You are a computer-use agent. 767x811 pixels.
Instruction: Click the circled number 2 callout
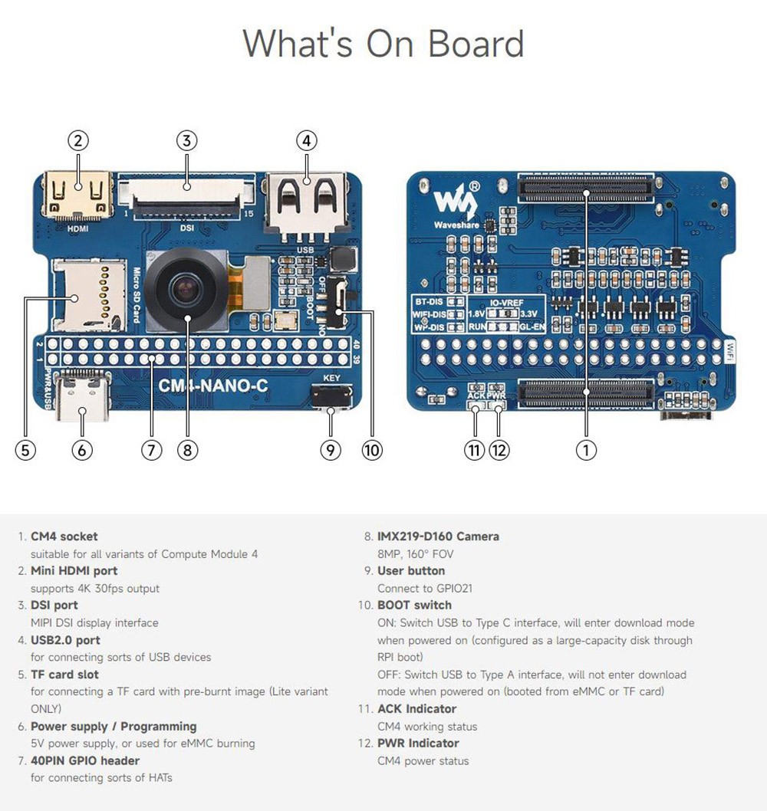(78, 140)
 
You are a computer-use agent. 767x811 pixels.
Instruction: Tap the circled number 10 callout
(372, 450)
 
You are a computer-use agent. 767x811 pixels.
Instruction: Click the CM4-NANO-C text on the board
(212, 386)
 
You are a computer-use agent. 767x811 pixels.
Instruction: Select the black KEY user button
(331, 396)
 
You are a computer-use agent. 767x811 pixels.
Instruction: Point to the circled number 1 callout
(586, 450)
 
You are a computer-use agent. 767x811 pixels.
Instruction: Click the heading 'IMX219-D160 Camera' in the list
(438, 537)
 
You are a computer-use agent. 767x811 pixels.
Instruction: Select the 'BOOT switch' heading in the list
(414, 606)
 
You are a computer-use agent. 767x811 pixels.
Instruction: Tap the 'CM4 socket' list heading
(64, 537)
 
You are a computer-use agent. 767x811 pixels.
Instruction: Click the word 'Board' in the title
(476, 43)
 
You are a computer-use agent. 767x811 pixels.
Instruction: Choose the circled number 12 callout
(499, 450)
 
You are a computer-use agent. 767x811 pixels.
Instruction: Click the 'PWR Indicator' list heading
(418, 744)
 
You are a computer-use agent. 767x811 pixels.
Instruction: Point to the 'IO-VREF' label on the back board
(503, 303)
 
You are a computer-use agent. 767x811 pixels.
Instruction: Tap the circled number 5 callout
(25, 450)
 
